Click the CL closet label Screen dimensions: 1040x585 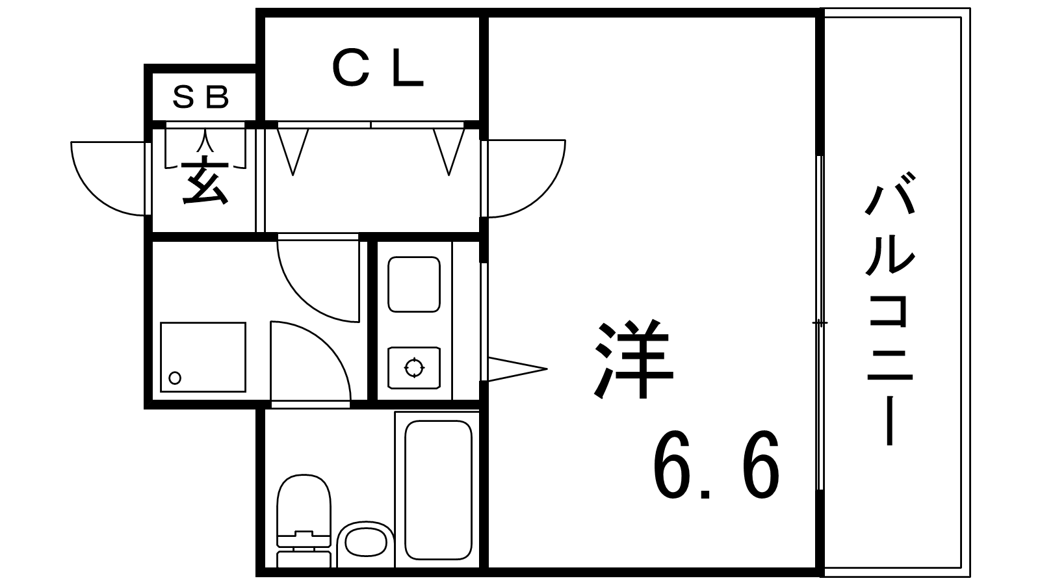pyautogui.click(x=378, y=69)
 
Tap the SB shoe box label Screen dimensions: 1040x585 pyautogui.click(x=201, y=97)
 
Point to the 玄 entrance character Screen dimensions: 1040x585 pyautogui.click(x=205, y=181)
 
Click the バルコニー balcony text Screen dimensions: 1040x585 pyautogui.click(x=890, y=308)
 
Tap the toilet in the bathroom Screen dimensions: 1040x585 pyautogui.click(x=304, y=520)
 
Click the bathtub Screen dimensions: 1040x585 pyautogui.click(x=438, y=490)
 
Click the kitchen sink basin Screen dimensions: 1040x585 pyautogui.click(x=413, y=284)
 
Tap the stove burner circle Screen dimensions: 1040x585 pyautogui.click(x=414, y=368)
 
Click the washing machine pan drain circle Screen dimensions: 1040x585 pyautogui.click(x=175, y=378)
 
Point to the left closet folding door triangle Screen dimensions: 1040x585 pyautogui.click(x=293, y=151)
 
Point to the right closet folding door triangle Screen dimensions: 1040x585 pyautogui.click(x=449, y=151)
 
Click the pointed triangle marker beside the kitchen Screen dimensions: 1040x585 pyautogui.click(x=517, y=369)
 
